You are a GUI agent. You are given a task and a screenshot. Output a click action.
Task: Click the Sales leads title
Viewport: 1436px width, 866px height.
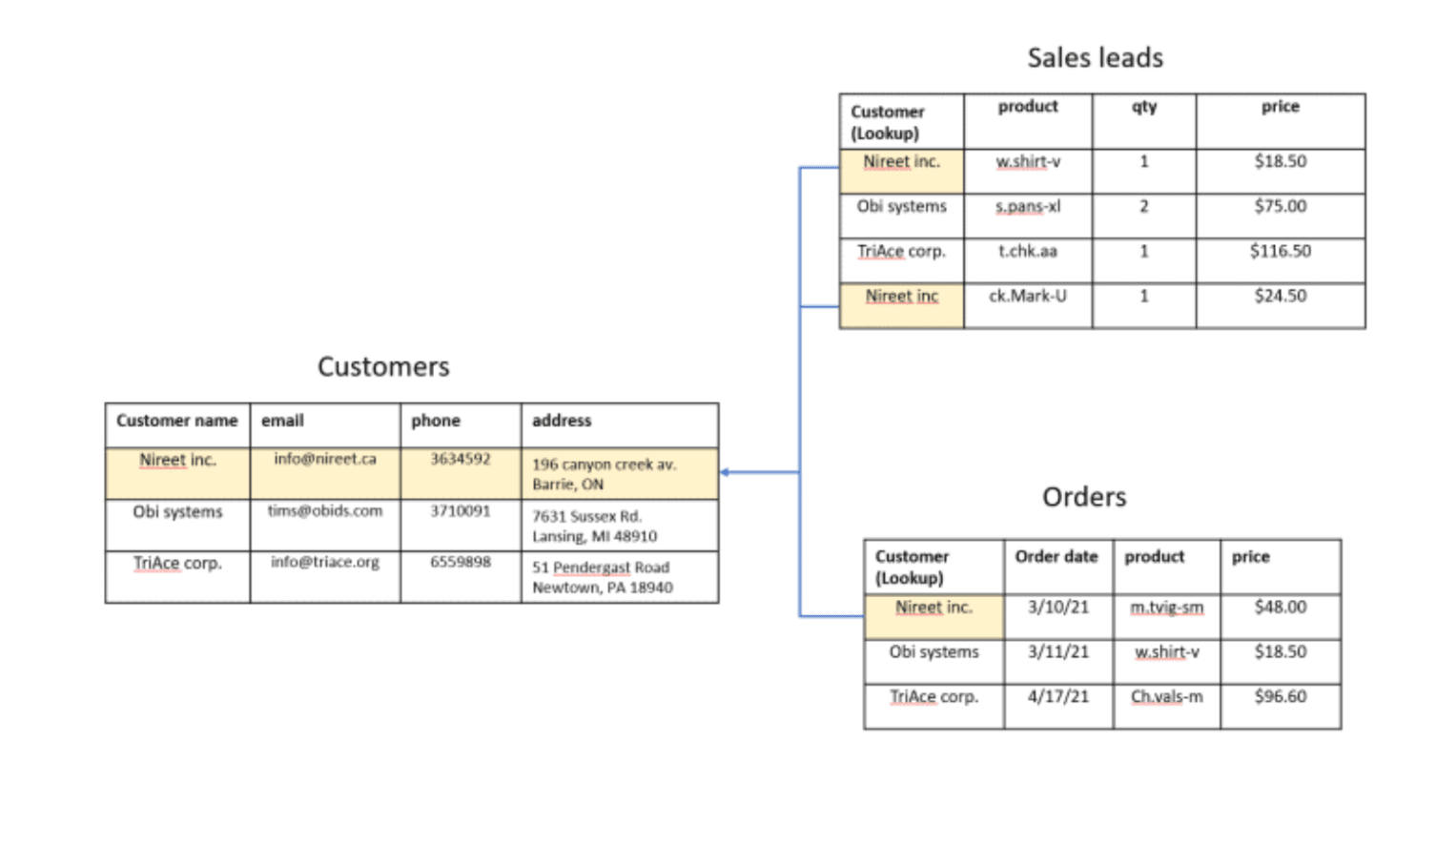[1095, 57]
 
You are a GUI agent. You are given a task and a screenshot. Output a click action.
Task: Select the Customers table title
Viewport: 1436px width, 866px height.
[383, 366]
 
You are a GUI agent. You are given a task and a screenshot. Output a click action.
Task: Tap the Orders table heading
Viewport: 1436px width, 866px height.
[1084, 497]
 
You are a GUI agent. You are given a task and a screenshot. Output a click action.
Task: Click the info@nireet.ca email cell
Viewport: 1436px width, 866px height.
[325, 459]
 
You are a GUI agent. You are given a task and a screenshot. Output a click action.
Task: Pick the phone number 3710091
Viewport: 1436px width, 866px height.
[461, 511]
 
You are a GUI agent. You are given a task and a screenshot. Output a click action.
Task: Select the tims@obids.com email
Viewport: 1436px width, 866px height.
[325, 511]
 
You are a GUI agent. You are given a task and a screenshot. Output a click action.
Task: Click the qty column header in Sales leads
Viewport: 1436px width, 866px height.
[1144, 107]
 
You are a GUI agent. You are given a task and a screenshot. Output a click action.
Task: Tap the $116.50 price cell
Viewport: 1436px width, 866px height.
[1281, 251]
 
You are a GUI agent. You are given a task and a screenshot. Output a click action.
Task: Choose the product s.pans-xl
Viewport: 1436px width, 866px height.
[1028, 206]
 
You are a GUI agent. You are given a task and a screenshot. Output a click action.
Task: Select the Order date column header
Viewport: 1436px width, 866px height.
[1056, 556]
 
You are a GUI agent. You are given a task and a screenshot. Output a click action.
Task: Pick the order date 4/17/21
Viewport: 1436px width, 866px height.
[1058, 696]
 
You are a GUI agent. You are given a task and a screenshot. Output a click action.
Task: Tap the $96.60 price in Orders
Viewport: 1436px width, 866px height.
[1281, 696]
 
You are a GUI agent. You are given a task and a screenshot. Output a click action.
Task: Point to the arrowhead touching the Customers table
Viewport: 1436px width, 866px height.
[725, 472]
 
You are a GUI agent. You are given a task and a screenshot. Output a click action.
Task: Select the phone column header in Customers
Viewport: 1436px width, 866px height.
[436, 421]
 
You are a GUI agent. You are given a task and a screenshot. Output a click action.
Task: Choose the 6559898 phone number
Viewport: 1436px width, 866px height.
[461, 562]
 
